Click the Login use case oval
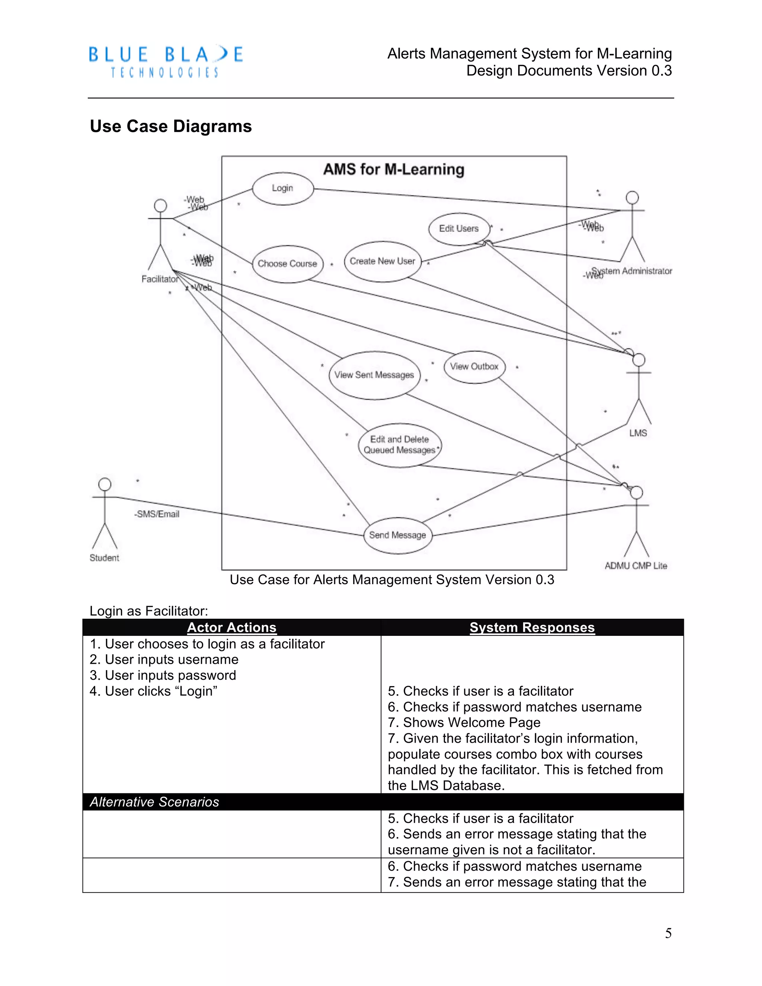[x=283, y=188]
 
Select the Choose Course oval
[x=288, y=264]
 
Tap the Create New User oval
[x=382, y=262]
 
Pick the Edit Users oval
[x=459, y=229]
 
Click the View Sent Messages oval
[x=374, y=375]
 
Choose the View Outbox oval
[x=474, y=366]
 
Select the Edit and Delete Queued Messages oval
[x=400, y=445]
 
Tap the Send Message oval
[x=398, y=535]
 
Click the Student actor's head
[x=105, y=484]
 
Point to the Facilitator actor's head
[x=160, y=205]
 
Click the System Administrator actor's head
[x=632, y=197]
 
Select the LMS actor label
[x=638, y=433]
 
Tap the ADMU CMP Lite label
[x=635, y=566]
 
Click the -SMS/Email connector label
[x=157, y=514]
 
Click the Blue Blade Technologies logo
[x=166, y=61]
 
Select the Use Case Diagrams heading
[x=171, y=127]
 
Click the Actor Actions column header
[x=231, y=628]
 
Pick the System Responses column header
[x=532, y=628]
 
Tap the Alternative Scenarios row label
[x=154, y=802]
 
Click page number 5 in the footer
[x=668, y=933]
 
